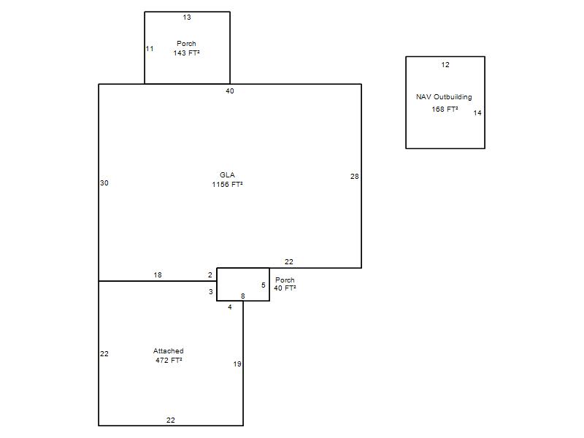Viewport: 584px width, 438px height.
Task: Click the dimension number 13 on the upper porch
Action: coord(187,17)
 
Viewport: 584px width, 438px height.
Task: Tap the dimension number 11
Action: coord(150,49)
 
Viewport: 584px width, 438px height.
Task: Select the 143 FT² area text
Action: coord(186,53)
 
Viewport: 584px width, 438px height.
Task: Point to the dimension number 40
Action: coord(230,91)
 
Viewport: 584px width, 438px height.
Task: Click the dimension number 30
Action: coord(104,183)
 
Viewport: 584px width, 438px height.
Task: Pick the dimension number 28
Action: coord(355,177)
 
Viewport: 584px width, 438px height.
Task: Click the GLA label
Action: coord(227,174)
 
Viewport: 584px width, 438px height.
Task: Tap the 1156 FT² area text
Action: coord(227,185)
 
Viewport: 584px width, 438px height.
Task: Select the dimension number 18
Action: coord(158,275)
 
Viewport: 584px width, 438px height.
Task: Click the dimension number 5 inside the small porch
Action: coord(264,285)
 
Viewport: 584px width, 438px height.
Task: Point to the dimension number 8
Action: coord(243,296)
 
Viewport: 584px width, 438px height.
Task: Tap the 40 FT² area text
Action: coord(285,288)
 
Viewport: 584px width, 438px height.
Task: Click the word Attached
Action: coord(169,351)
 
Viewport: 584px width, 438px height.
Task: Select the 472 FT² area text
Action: coord(169,360)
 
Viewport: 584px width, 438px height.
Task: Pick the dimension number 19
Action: coord(237,364)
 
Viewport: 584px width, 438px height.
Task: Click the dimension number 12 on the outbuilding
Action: coord(445,65)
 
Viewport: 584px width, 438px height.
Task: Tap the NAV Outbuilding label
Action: coord(444,97)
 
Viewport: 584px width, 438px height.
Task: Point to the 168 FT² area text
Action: coord(445,109)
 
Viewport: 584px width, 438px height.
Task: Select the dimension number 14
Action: coord(477,113)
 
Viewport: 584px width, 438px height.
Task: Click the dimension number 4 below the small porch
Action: coord(230,307)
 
